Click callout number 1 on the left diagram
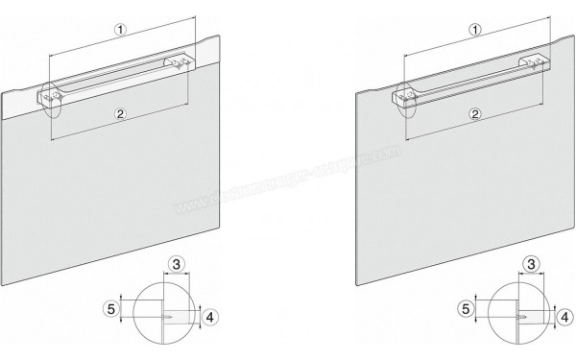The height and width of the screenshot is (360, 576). coord(120,29)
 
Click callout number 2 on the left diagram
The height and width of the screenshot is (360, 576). coord(120,114)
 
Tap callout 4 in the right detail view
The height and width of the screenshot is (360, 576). coord(564,313)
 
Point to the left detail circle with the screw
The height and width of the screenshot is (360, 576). coord(164,314)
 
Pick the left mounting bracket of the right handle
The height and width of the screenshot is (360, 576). coord(406,94)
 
